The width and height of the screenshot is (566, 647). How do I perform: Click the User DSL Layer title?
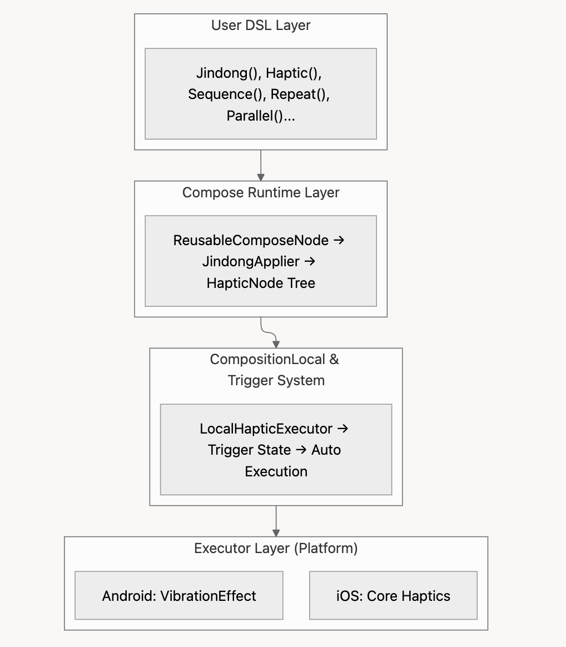(x=261, y=26)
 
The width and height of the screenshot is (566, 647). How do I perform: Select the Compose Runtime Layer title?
(x=261, y=193)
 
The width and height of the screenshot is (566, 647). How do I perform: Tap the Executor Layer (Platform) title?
(x=276, y=549)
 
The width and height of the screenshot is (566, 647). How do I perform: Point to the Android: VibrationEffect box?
(x=179, y=595)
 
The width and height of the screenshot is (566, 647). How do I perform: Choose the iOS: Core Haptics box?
(x=393, y=595)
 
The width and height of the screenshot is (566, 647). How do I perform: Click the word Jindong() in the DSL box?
(x=228, y=73)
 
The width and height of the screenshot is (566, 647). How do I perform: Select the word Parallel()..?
(x=261, y=116)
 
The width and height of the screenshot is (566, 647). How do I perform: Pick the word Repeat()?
(x=300, y=94)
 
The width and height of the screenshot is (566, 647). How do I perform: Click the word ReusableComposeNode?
(x=251, y=240)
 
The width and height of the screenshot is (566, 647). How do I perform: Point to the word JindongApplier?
(x=251, y=262)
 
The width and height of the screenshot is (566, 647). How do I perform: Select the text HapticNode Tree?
(x=261, y=283)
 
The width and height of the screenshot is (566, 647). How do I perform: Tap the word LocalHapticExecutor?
(x=266, y=429)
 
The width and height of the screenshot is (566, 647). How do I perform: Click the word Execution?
(x=276, y=472)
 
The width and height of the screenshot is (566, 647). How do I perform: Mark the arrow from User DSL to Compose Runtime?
(x=261, y=166)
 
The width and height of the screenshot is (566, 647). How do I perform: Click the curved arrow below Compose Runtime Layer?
(x=269, y=332)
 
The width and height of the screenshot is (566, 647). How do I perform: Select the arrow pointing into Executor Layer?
(x=276, y=521)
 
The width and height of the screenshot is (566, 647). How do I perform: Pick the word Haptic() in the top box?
(x=294, y=73)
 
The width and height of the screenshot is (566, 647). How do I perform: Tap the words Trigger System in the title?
(x=276, y=380)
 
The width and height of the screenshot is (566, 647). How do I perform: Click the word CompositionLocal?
(x=267, y=360)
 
